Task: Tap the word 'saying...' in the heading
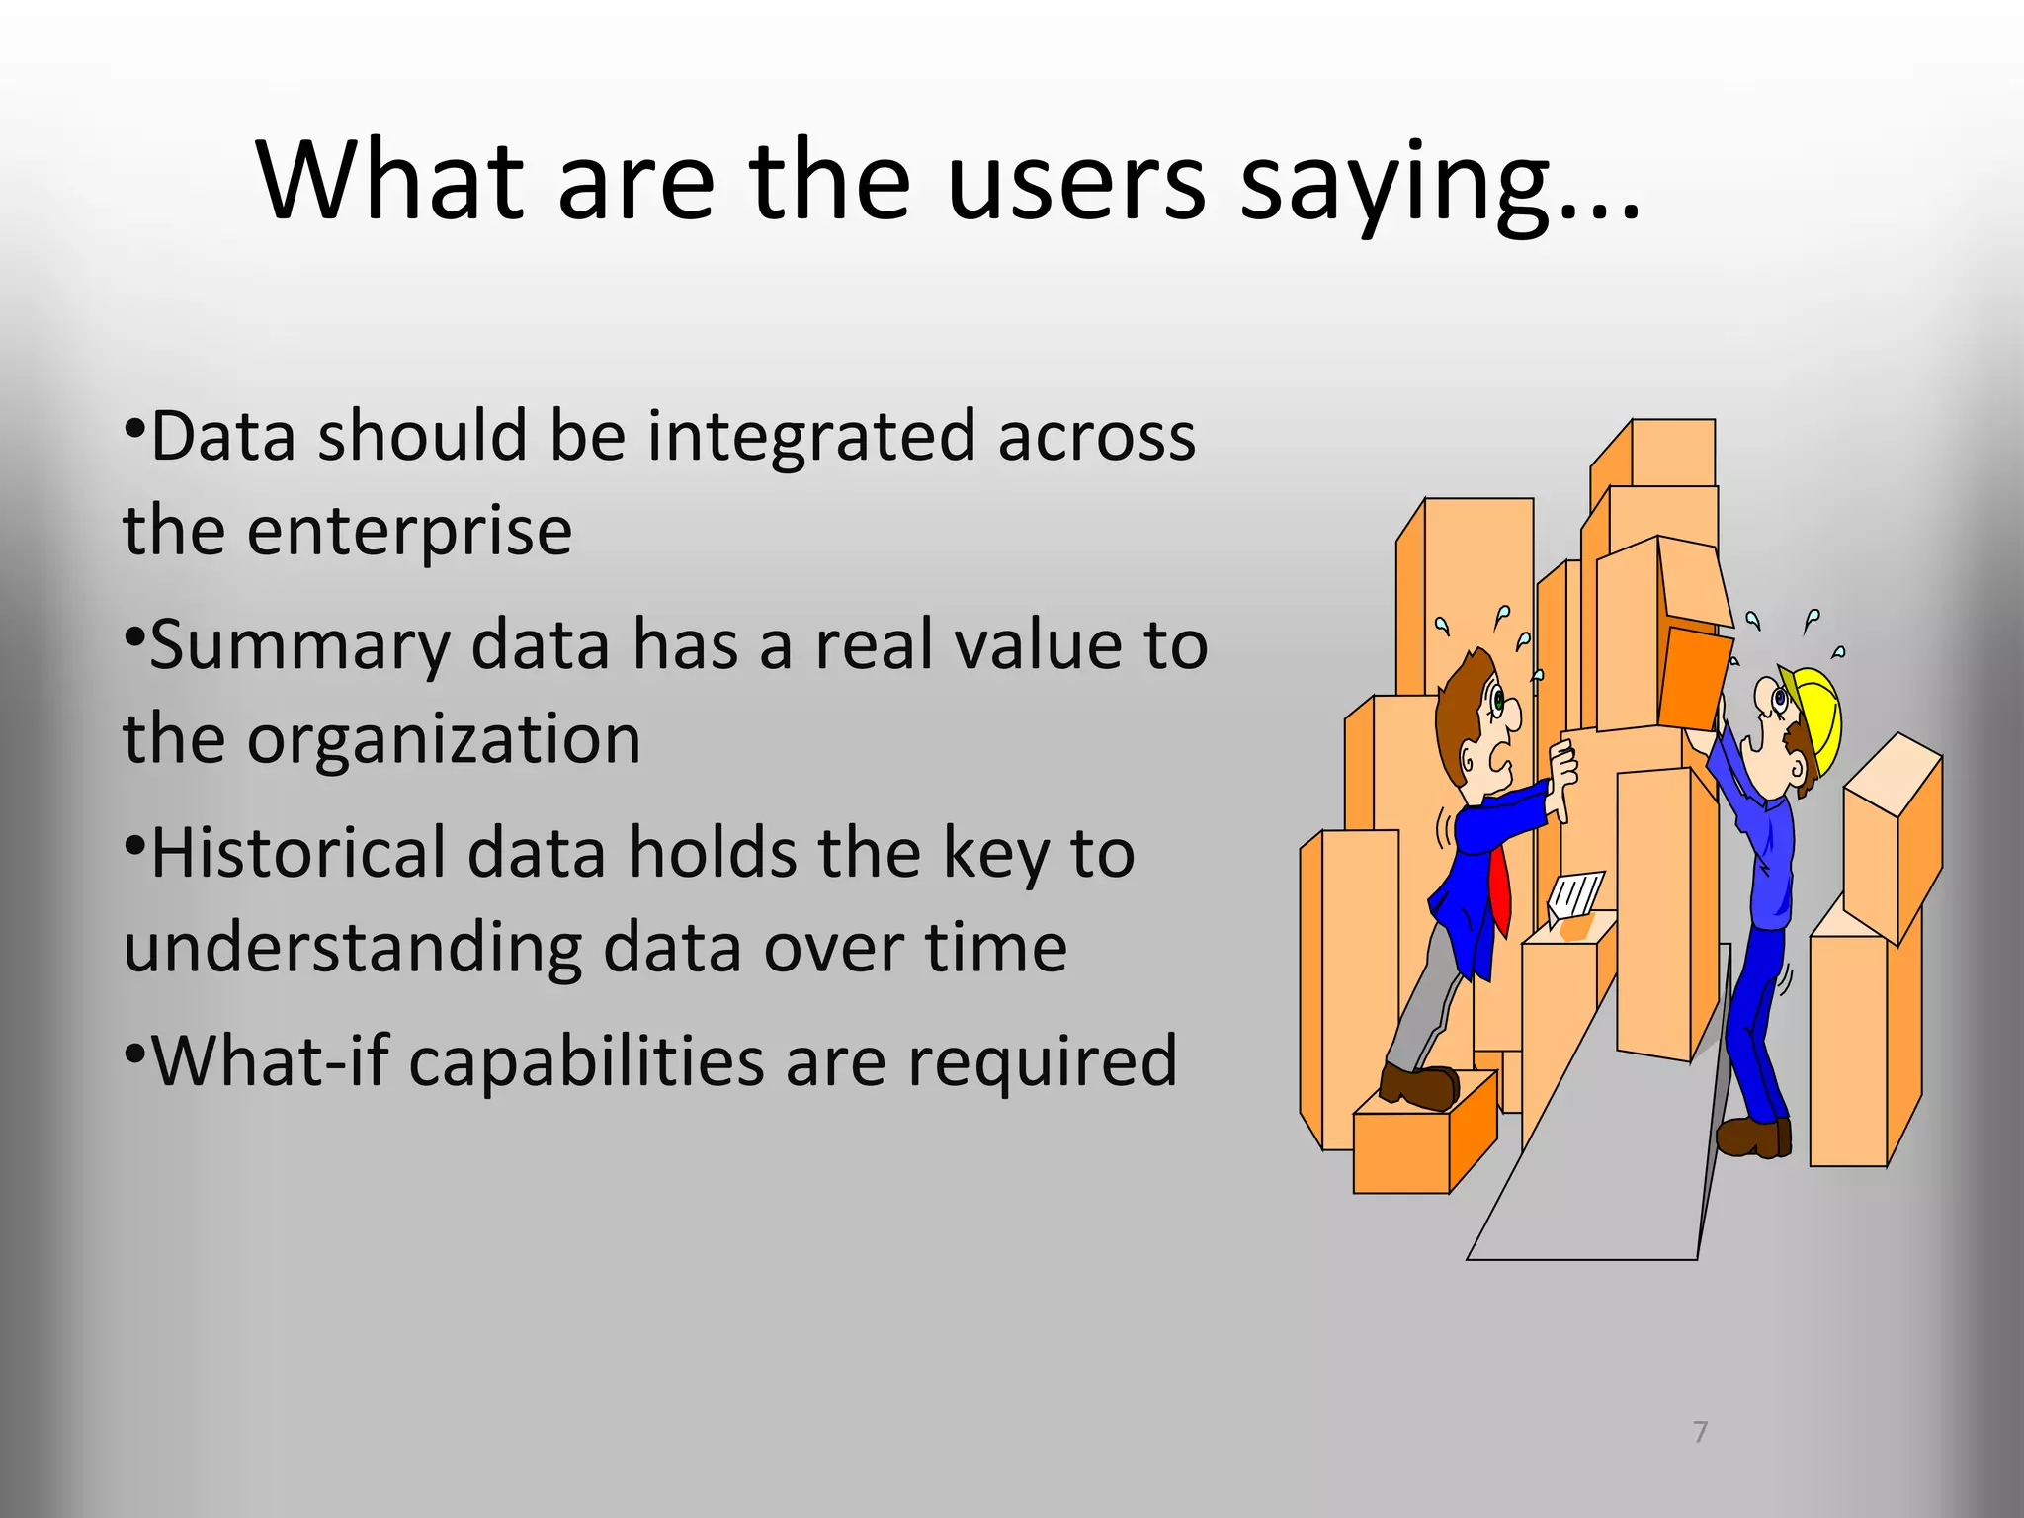1438,183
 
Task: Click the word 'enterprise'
409,532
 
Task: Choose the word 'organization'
444,739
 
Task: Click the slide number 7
1700,1432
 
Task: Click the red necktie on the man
1499,889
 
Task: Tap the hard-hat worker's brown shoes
1754,1136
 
